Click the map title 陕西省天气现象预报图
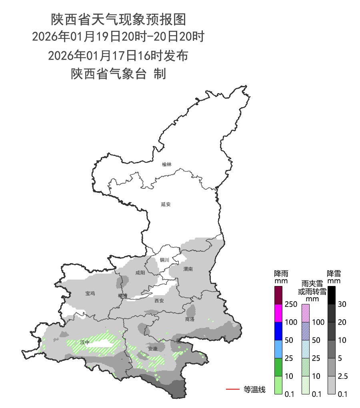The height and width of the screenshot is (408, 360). pos(119,19)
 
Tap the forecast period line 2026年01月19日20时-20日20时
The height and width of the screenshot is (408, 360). pos(118,37)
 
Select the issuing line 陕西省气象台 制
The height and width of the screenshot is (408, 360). pos(118,74)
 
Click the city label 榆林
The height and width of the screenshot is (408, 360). pos(167,164)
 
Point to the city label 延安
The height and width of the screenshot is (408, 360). pos(166,204)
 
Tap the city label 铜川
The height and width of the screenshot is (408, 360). pos(164,260)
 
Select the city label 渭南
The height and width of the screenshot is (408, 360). pos(188,269)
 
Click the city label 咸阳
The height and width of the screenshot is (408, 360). pos(140,273)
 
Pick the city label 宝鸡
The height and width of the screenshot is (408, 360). pos(90,294)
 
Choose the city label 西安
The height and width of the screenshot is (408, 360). pos(159,301)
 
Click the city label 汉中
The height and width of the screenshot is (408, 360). pos(85,342)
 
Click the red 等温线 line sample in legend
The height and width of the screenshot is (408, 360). pos(232,389)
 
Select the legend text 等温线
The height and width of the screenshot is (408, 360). pos(254,389)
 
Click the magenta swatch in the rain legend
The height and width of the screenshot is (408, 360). pos(279,313)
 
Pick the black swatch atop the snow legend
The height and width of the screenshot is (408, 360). pos(332,295)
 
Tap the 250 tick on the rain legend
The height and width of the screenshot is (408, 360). pos(290,304)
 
